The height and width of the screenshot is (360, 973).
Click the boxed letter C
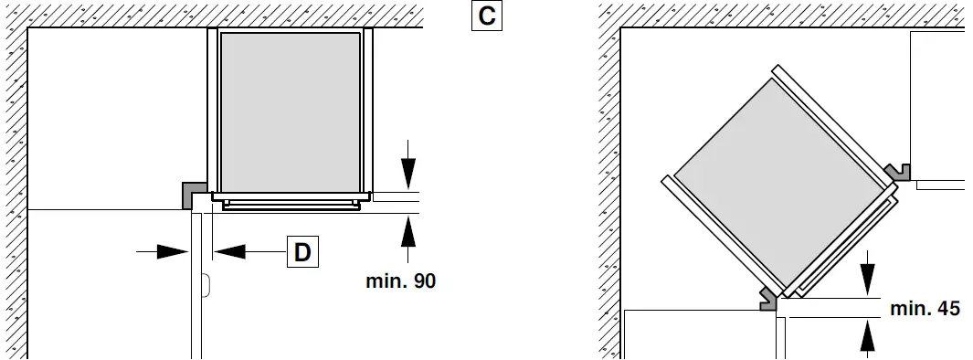coord(488,16)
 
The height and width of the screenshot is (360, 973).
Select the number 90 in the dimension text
coord(424,281)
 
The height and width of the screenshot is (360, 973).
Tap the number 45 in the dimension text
coord(948,309)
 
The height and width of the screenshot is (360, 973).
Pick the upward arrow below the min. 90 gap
coord(407,234)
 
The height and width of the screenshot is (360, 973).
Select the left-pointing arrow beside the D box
coord(230,251)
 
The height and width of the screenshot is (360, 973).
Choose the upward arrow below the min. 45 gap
coord(867,339)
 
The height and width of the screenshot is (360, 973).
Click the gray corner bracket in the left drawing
coord(194,193)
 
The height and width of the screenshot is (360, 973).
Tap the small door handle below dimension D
coord(206,285)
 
